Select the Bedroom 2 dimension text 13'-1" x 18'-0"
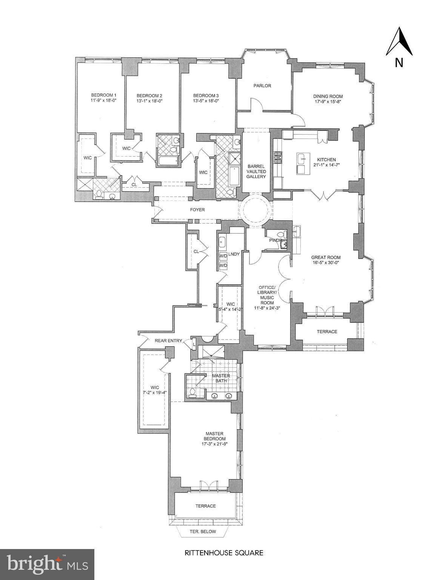pyautogui.click(x=149, y=101)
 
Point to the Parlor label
pyautogui.click(x=262, y=86)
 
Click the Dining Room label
pyautogui.click(x=328, y=96)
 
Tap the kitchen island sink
pyautogui.click(x=301, y=159)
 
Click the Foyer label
pyautogui.click(x=197, y=210)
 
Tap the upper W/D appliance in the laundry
pyautogui.click(x=223, y=256)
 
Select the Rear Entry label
pyautogui.click(x=168, y=341)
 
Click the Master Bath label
pyautogui.click(x=221, y=378)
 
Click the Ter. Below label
pyautogui.click(x=203, y=532)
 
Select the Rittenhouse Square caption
pyautogui.click(x=223, y=553)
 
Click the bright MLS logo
pyautogui.click(x=47, y=564)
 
